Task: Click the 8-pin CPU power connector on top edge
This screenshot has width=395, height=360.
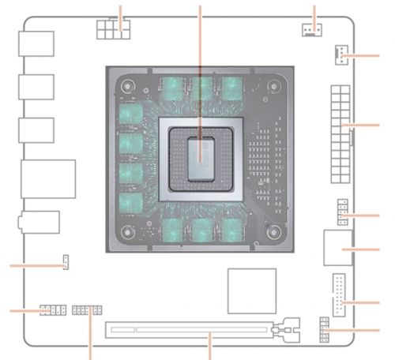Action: click(x=112, y=29)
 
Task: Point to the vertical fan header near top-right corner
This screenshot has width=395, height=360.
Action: click(x=338, y=54)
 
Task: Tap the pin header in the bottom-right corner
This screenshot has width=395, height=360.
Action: click(x=325, y=329)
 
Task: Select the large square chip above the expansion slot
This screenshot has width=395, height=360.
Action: click(x=251, y=290)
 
